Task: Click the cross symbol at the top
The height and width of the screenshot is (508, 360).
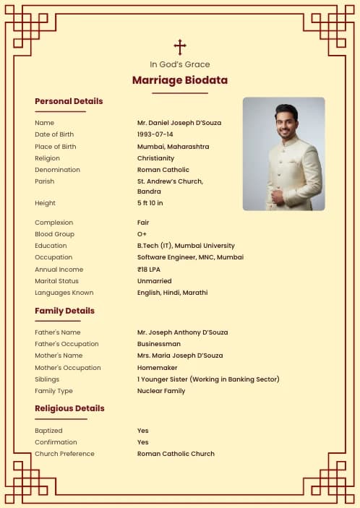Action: (x=180, y=47)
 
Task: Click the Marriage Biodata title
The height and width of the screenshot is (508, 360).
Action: (x=180, y=80)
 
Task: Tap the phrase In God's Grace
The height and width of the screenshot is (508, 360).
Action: (x=180, y=64)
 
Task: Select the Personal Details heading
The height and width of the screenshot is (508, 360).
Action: (x=69, y=101)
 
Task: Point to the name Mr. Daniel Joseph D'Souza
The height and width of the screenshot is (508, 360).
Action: (x=179, y=123)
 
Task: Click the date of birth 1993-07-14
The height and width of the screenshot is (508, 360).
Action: (x=155, y=134)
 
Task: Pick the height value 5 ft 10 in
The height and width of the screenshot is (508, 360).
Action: (x=150, y=203)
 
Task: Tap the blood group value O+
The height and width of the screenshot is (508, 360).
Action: (x=142, y=234)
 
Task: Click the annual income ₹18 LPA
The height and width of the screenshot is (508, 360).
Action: (x=149, y=270)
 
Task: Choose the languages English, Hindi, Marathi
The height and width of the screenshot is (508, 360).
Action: (x=172, y=293)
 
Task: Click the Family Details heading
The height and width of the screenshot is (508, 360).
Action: (x=64, y=311)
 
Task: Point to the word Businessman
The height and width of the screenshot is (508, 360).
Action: (x=159, y=344)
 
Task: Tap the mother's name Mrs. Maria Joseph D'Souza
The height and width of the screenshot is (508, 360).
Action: (x=180, y=356)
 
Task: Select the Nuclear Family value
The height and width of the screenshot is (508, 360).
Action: (x=161, y=391)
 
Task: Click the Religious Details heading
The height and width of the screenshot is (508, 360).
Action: (x=69, y=408)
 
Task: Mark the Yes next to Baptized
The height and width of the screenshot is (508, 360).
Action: (x=143, y=431)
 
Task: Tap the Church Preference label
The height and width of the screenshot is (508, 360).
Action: (x=64, y=454)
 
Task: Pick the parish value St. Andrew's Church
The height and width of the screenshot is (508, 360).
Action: (x=170, y=181)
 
